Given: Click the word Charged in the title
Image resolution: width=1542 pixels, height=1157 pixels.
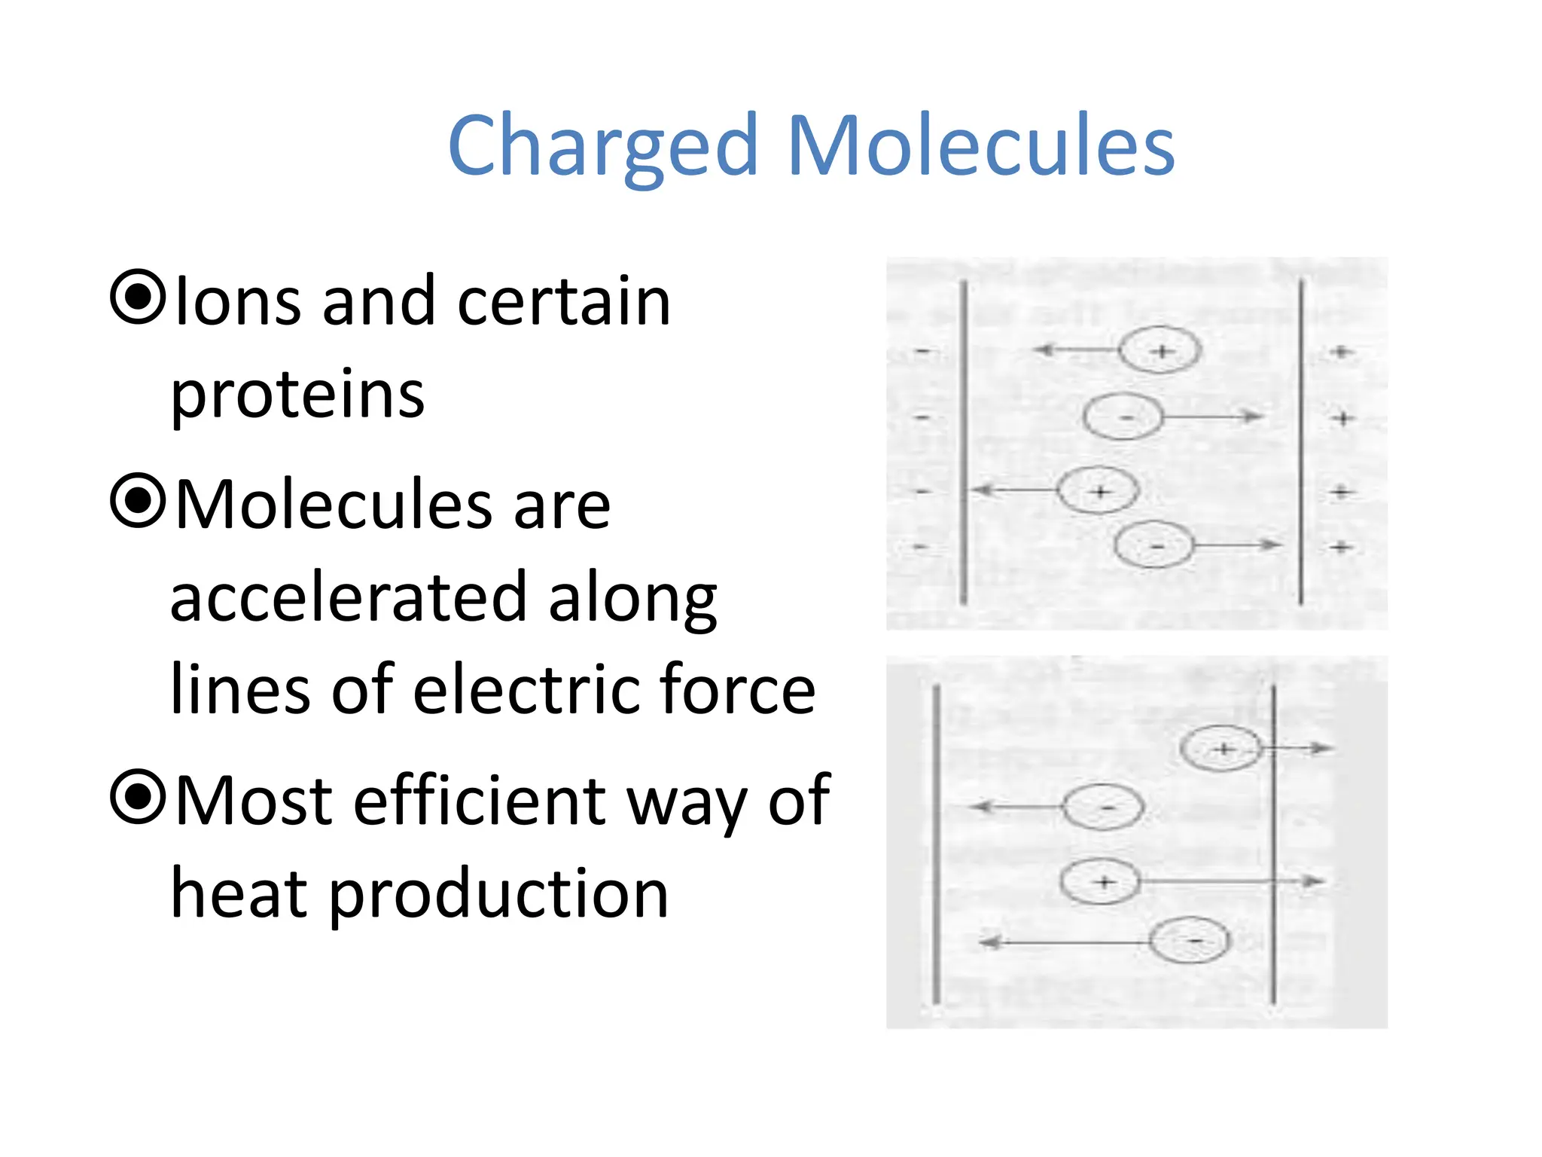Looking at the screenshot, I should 602,145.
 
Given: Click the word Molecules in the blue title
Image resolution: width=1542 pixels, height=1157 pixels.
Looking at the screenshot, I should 980,145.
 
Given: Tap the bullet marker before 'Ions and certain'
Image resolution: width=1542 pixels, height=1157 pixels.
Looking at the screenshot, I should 138,297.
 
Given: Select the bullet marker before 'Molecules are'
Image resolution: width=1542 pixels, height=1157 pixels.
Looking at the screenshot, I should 138,500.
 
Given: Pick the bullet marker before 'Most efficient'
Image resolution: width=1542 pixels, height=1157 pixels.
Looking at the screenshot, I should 138,796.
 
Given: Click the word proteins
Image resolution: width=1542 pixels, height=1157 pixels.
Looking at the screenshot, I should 297,395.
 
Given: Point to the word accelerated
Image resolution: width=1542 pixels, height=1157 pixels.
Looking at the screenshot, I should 348,599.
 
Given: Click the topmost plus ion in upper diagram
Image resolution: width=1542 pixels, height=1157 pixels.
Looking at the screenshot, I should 1160,351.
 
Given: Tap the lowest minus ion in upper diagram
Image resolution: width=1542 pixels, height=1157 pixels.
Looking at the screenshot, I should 1153,545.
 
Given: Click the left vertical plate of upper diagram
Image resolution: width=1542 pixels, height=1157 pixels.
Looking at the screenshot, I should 964,442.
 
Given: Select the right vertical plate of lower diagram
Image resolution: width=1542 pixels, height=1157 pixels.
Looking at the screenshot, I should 1273,844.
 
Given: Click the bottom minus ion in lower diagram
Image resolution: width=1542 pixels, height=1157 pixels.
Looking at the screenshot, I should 1190,941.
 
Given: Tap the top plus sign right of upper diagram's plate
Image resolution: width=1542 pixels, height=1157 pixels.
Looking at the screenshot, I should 1340,352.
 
